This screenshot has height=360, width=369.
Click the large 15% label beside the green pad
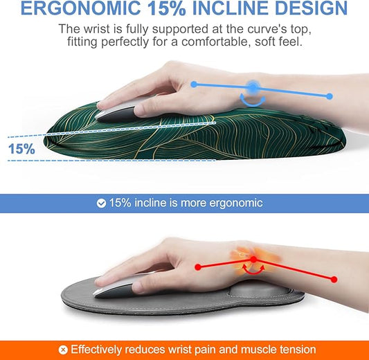pyautogui.click(x=21, y=148)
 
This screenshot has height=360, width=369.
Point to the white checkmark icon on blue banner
pyautogui.click(x=101, y=204)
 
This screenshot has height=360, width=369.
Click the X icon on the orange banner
pyautogui.click(x=63, y=350)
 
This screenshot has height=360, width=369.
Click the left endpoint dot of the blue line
pyautogui.click(x=195, y=84)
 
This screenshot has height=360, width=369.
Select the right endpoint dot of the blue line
pyautogui.click(x=330, y=96)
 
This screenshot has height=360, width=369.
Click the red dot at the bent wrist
pyautogui.click(x=253, y=259)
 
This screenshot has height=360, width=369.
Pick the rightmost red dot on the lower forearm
pyautogui.click(x=334, y=279)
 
